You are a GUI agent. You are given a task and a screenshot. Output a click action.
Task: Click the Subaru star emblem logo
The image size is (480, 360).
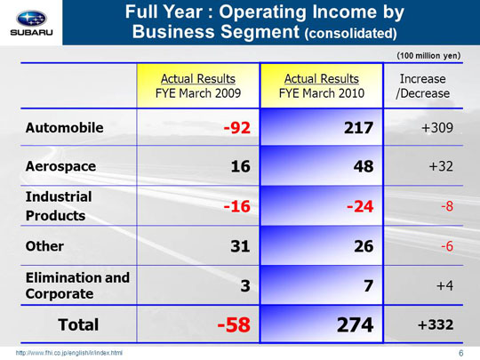[31, 19]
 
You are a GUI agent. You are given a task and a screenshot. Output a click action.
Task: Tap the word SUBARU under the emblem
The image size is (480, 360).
[31, 33]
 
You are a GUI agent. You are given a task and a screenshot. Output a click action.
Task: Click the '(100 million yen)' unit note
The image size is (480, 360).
[428, 56]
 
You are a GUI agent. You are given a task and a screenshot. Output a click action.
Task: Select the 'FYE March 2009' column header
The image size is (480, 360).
[198, 86]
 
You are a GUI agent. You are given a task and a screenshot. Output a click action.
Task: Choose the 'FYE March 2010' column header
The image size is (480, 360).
[322, 86]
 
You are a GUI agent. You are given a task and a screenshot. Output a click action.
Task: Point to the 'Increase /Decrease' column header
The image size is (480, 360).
[423, 86]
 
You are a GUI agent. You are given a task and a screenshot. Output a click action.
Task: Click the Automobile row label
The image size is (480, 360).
[64, 128]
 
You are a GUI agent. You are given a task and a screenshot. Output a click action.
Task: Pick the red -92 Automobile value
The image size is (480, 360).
[237, 128]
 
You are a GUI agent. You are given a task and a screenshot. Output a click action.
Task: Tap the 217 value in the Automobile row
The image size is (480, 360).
[358, 128]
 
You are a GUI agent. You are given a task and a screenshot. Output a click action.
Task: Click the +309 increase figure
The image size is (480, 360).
[437, 128]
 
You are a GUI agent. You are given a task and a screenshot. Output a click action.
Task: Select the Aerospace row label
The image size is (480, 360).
[60, 166]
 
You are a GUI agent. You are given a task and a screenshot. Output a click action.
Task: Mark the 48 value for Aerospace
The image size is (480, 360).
[364, 166]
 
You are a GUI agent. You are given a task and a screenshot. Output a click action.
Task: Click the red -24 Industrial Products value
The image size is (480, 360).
[360, 206]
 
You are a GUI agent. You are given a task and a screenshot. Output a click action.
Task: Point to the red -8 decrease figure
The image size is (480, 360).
[447, 206]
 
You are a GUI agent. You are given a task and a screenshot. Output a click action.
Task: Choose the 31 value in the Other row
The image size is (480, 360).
[240, 246]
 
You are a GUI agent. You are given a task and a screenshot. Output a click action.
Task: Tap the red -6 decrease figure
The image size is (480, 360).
[447, 246]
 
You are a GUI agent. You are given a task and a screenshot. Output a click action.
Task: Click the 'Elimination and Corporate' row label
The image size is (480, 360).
[77, 285]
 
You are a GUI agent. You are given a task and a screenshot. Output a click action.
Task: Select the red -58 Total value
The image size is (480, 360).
[234, 324]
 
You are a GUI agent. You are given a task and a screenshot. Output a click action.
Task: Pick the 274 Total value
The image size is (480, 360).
[355, 324]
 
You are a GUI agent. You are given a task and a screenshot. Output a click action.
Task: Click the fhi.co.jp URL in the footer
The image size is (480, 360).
[68, 353]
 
